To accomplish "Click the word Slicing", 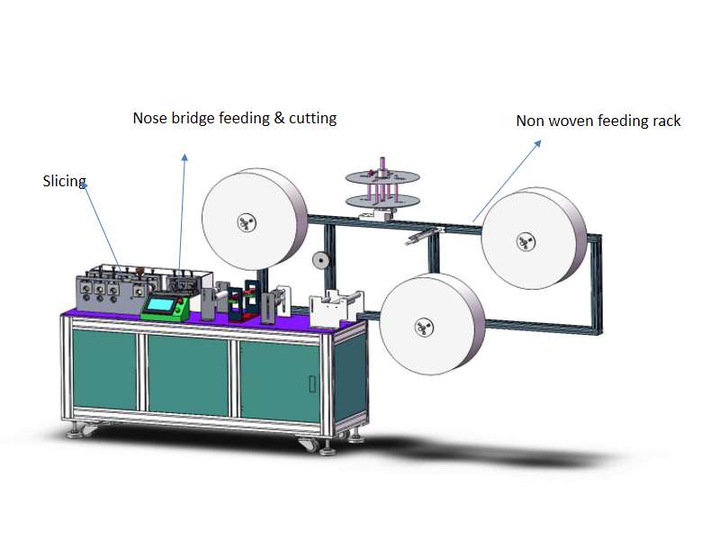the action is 64,182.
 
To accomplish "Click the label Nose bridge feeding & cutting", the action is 235,118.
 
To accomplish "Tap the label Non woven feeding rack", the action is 598,121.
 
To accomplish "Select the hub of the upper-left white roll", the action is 247,223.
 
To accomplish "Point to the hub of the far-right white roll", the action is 526,241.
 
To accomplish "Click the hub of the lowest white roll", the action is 424,328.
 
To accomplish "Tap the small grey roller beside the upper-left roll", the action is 320,260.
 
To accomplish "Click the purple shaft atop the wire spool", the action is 382,165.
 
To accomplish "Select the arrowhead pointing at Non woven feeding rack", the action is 537,144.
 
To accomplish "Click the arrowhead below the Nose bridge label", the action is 184,157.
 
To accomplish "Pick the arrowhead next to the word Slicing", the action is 84,186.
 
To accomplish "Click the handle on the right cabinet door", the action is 312,384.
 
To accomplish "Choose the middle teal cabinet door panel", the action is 188,375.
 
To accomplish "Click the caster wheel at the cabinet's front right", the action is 308,444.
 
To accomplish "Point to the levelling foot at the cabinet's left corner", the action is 74,432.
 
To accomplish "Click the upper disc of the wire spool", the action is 382,177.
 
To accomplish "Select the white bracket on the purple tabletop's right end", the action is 336,309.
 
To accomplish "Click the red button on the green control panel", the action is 182,301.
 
